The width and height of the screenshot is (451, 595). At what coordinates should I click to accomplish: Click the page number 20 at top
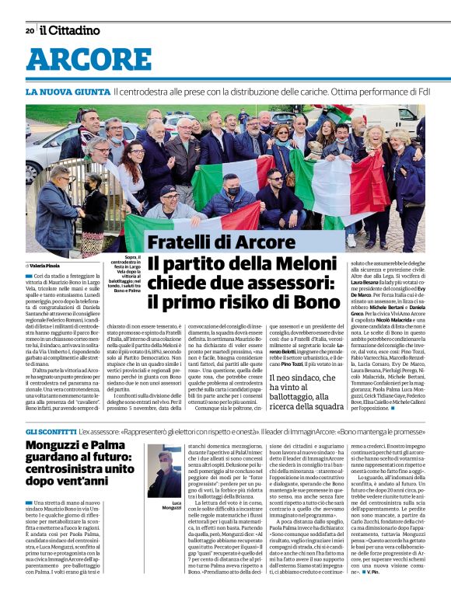pyautogui.click(x=30, y=31)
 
